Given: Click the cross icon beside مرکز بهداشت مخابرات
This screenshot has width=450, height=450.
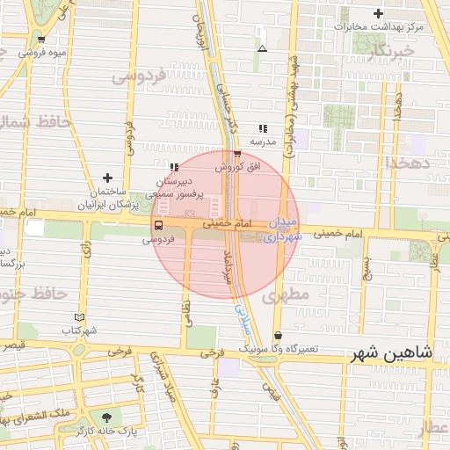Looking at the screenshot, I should tap(378, 14).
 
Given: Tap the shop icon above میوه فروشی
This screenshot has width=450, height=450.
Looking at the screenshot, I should tap(41, 39).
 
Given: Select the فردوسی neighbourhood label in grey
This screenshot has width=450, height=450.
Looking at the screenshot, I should tap(139, 77).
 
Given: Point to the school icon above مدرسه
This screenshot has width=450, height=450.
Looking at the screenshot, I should tap(263, 128).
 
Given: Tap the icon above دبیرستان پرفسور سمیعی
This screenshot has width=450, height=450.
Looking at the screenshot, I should tap(174, 165).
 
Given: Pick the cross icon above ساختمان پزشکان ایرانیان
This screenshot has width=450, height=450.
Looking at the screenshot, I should tap(107, 178).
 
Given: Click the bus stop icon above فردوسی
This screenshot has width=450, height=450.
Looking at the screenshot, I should tap(157, 224).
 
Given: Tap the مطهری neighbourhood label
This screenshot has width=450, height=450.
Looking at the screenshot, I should tap(286, 295).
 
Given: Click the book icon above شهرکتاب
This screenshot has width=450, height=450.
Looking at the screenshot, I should tap(80, 316).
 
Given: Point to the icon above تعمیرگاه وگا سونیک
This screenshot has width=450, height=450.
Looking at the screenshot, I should tap(279, 335).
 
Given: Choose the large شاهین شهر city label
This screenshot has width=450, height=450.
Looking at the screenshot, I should tap(392, 353).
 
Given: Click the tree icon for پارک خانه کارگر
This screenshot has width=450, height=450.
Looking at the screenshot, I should tap(106, 416).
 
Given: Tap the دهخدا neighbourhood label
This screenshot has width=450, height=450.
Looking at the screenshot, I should tap(406, 163).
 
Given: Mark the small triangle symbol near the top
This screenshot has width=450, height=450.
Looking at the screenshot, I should tap(262, 47).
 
